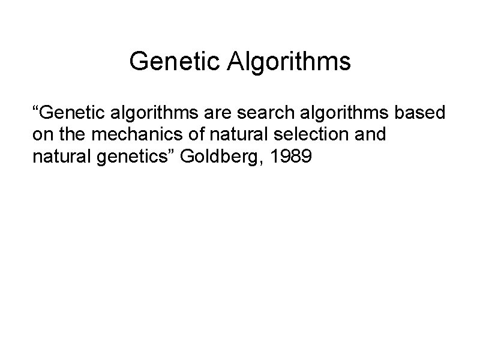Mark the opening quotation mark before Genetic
[x=35, y=110]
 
